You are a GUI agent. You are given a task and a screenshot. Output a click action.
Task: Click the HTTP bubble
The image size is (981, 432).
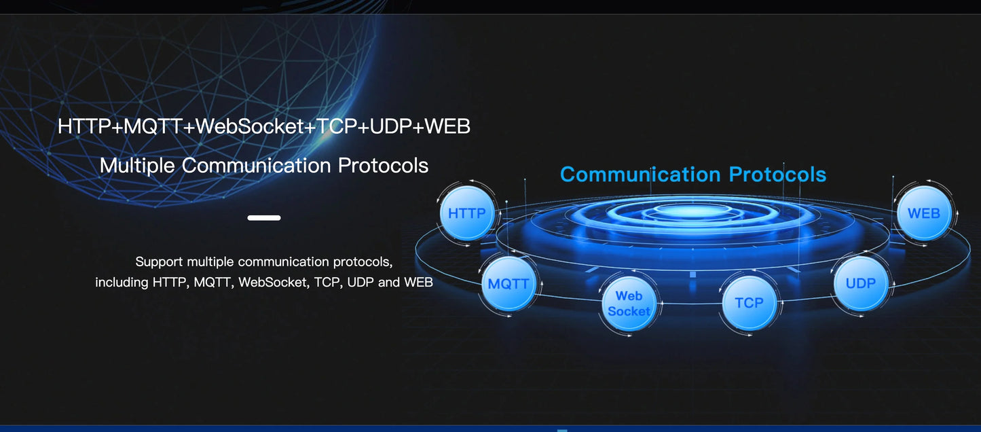pos(467,213)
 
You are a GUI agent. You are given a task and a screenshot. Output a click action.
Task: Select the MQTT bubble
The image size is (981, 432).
pos(508,284)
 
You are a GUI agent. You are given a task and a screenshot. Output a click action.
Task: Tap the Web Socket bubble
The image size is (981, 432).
pos(629,304)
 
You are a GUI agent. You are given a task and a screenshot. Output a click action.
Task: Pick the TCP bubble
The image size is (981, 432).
pos(749,303)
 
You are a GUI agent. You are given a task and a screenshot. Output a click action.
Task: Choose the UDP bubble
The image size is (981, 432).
pos(861,283)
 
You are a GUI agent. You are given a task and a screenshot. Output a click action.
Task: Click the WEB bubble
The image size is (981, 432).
pos(923,213)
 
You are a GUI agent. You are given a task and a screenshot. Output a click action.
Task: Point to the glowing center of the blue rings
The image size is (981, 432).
pos(692,212)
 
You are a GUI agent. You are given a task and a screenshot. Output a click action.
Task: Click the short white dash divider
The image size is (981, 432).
pos(264,218)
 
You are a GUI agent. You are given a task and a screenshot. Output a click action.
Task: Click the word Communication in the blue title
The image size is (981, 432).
pos(640,175)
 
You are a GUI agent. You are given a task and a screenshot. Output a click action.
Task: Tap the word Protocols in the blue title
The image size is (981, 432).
pos(778,175)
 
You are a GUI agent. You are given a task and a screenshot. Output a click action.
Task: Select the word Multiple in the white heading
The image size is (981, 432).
pos(137,166)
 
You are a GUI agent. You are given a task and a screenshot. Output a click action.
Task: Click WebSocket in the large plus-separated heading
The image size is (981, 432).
pos(250,126)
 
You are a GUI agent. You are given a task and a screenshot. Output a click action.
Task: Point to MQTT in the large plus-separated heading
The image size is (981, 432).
pos(153,126)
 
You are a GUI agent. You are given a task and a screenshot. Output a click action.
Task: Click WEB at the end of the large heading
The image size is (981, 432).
pos(447,126)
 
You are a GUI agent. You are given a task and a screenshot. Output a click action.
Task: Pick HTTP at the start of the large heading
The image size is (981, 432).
pos(84,126)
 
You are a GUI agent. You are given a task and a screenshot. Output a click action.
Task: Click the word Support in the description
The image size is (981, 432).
pos(159,262)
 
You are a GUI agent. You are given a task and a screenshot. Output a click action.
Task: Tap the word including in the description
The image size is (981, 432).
pos(122,282)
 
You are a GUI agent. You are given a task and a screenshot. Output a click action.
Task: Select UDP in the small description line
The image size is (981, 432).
pos(360,282)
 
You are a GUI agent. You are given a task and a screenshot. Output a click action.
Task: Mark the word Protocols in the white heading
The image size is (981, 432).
pos(383,166)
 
